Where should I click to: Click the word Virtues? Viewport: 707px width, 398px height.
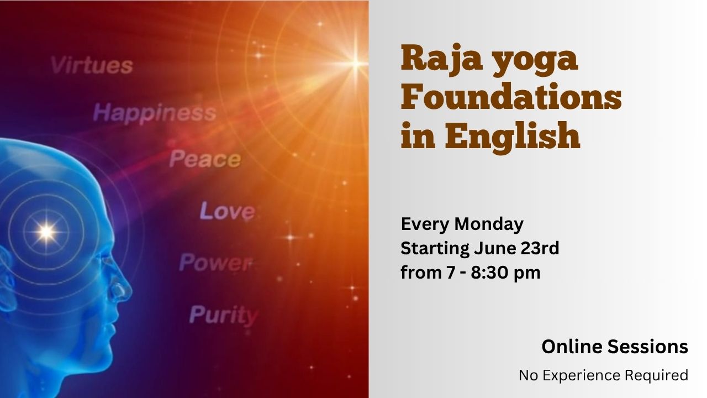click(92, 65)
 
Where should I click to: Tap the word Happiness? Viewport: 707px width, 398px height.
click(155, 113)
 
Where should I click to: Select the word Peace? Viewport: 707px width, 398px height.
click(205, 159)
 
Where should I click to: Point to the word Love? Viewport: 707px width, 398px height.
click(228, 211)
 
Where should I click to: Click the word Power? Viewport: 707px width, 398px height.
click(216, 263)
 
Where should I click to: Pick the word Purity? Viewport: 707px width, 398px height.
click(224, 315)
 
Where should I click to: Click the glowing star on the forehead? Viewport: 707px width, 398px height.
click(46, 232)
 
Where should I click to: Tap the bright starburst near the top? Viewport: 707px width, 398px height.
click(356, 64)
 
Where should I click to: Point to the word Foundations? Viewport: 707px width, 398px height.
click(511, 96)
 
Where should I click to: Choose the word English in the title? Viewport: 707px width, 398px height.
click(513, 137)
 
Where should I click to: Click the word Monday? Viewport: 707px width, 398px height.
click(489, 225)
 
